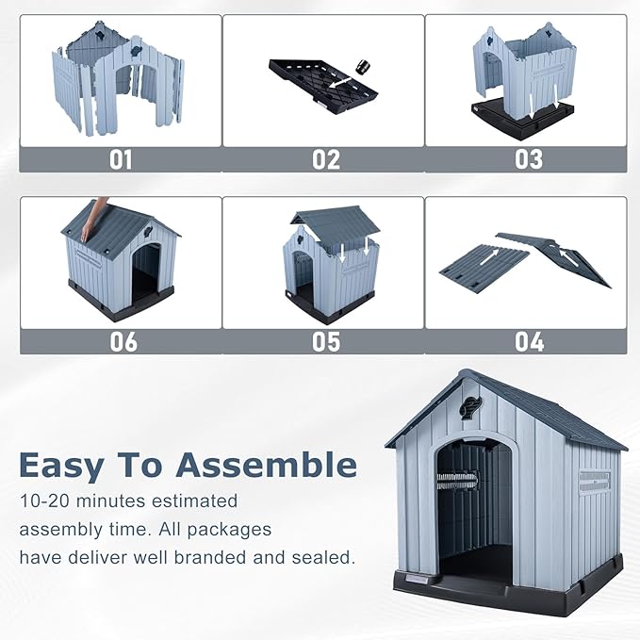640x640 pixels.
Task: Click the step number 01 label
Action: pyautogui.click(x=121, y=159)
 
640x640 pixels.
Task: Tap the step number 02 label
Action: pyautogui.click(x=325, y=159)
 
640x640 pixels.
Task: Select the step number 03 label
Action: pyautogui.click(x=528, y=159)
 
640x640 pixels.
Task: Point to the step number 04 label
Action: pyautogui.click(x=528, y=340)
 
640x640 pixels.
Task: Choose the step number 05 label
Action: pyautogui.click(x=325, y=340)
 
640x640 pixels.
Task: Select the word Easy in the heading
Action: pyautogui.click(x=74, y=465)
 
